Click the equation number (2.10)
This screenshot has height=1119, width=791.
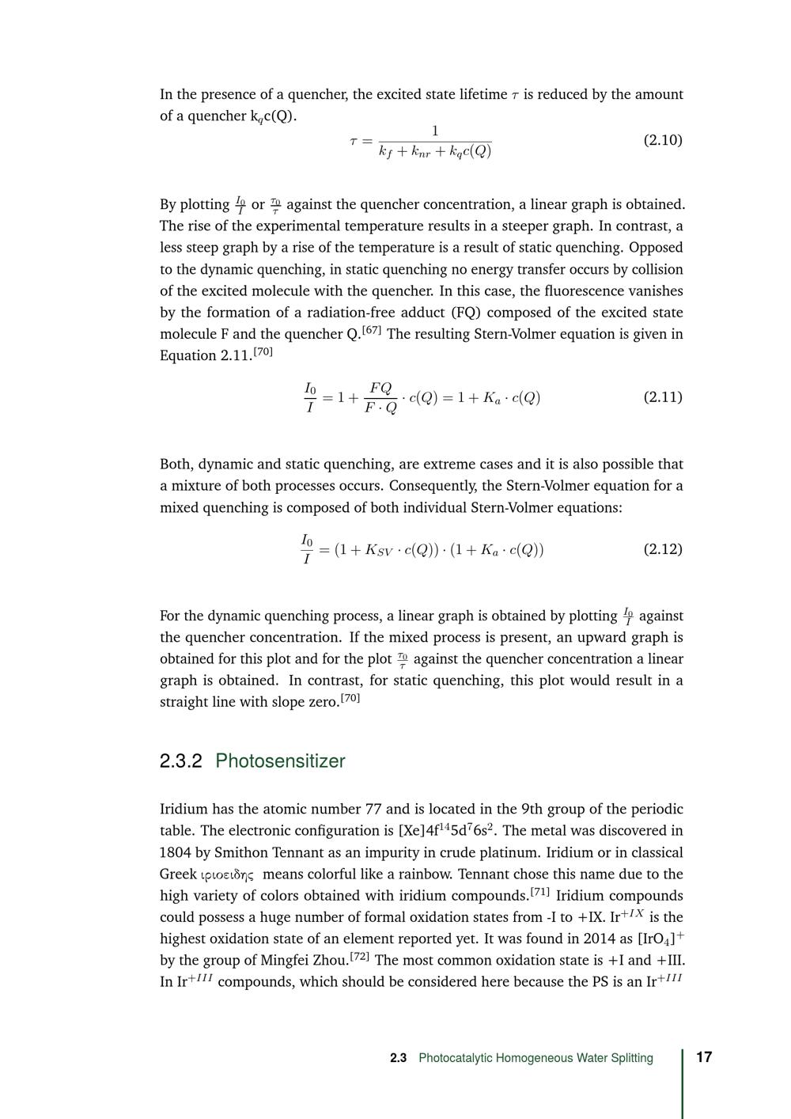pyautogui.click(x=663, y=140)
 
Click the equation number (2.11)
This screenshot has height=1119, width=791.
pyautogui.click(x=663, y=396)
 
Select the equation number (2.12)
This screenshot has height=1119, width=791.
pyautogui.click(x=663, y=548)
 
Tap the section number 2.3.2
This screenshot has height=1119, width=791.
pyautogui.click(x=181, y=761)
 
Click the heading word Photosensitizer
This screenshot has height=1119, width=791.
pyautogui.click(x=280, y=761)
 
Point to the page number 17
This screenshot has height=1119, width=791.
pyautogui.click(x=704, y=1057)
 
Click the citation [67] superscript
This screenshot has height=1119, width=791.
pyautogui.click(x=372, y=330)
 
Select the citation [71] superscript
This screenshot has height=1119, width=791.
pyautogui.click(x=540, y=892)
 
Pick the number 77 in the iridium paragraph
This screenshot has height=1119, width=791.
pyautogui.click(x=374, y=809)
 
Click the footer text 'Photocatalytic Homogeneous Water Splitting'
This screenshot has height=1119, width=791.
pyautogui.click(x=536, y=1058)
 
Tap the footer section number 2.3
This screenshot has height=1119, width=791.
pyautogui.click(x=398, y=1058)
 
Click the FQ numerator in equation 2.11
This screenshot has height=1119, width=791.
pyautogui.click(x=380, y=388)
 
